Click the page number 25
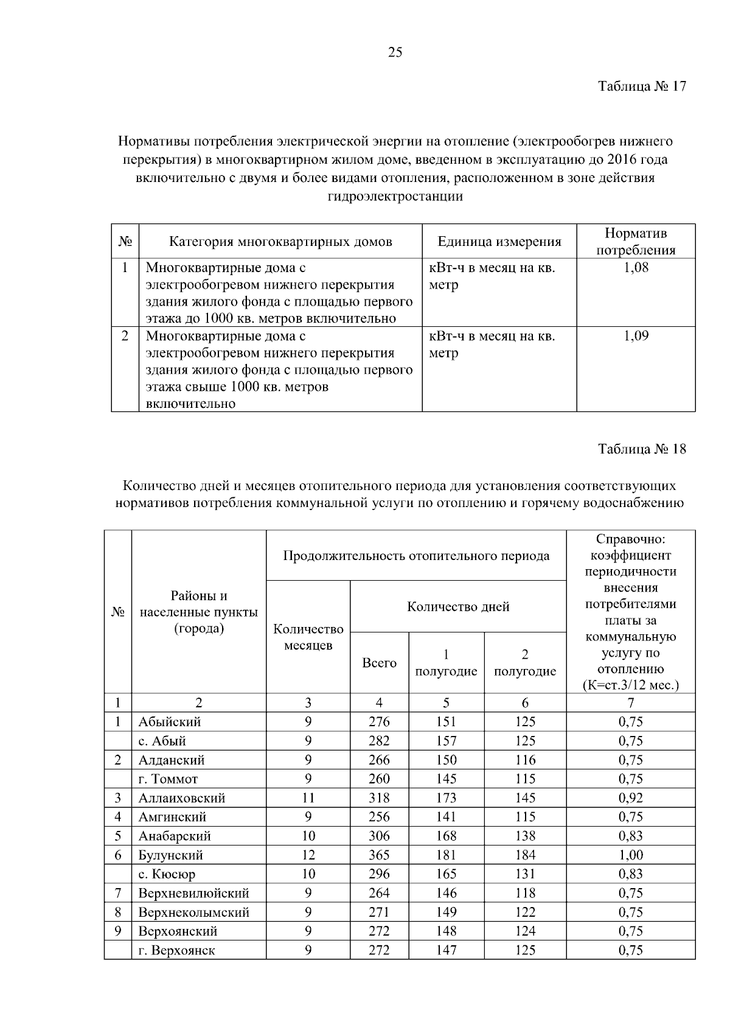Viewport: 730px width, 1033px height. (395, 52)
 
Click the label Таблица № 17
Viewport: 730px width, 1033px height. (642, 86)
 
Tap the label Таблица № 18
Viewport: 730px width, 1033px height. (642, 449)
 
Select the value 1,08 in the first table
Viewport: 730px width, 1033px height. (636, 268)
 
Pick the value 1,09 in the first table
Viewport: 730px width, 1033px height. (636, 336)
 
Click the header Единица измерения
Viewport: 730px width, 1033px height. (499, 242)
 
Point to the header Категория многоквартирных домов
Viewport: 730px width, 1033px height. (280, 242)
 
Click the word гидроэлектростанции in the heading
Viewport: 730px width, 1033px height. (395, 196)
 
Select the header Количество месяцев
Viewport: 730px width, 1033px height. (308, 637)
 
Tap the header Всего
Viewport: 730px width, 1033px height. (379, 663)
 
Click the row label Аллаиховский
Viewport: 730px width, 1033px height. (182, 798)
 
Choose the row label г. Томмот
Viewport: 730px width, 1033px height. (168, 779)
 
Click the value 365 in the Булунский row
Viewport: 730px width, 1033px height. (379, 855)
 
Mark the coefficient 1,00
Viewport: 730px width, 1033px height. (631, 855)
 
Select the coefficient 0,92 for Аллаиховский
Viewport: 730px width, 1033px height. (631, 798)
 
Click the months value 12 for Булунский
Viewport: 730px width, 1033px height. (308, 855)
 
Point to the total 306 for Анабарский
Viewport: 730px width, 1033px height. (379, 836)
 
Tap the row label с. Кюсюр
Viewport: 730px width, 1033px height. (167, 874)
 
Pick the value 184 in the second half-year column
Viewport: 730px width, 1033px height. (525, 855)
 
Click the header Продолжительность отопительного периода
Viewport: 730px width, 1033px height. (416, 555)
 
